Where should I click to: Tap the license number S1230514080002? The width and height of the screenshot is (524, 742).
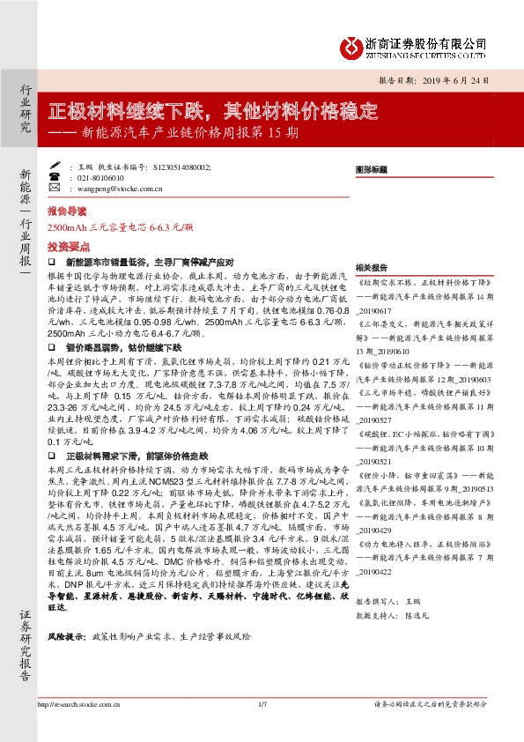[x=181, y=165]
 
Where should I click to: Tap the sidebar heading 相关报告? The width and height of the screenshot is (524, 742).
[x=371, y=266]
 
